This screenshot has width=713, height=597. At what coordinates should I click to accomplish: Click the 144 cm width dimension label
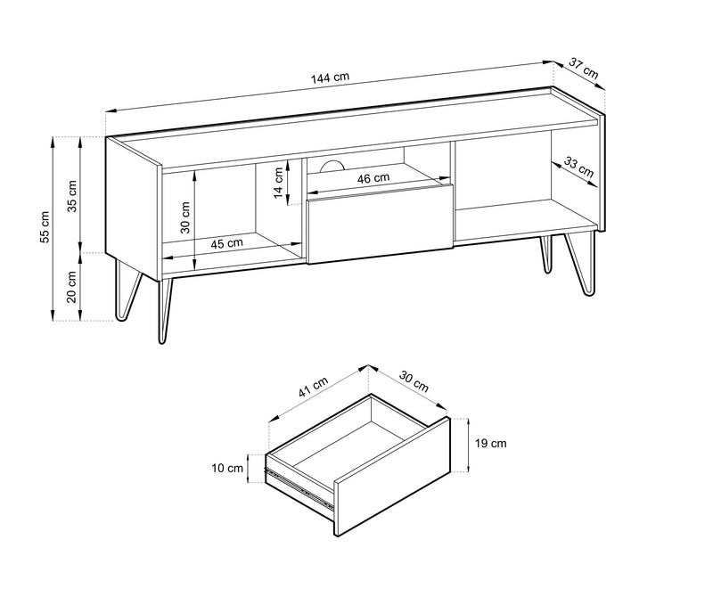(330, 78)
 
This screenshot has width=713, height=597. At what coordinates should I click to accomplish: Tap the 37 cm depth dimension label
(584, 68)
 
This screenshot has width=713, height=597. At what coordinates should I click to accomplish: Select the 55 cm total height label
(45, 226)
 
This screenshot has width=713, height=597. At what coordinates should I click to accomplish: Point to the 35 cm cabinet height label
(72, 196)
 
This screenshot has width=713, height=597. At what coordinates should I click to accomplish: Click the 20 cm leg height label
(72, 286)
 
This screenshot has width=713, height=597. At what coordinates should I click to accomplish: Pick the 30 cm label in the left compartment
(185, 217)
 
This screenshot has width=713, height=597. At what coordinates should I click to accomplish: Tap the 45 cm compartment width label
(227, 243)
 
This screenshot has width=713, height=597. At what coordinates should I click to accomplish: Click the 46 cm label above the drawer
(373, 178)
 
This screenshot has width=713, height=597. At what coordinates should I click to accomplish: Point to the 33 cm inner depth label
(578, 167)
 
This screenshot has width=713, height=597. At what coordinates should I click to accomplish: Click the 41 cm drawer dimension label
(313, 388)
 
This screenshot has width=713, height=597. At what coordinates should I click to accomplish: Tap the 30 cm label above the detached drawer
(414, 381)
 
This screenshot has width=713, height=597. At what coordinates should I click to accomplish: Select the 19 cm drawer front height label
(491, 444)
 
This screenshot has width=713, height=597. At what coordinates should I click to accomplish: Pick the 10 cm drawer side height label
(227, 468)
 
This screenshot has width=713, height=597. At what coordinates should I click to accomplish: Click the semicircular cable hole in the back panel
(332, 166)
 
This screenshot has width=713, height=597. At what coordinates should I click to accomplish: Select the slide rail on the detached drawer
(299, 488)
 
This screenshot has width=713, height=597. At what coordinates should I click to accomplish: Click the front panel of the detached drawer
(392, 477)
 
